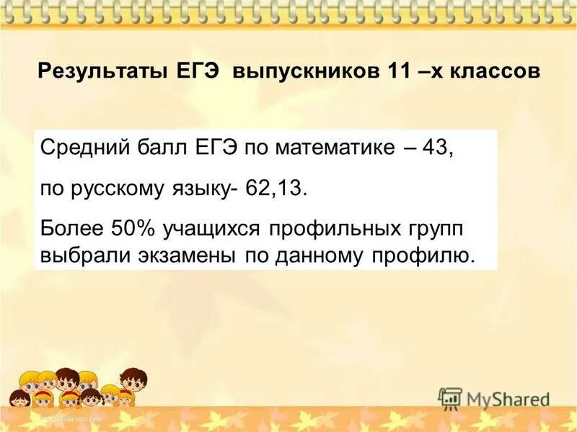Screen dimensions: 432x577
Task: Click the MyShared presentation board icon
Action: coord(450,398)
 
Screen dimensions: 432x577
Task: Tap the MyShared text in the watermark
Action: coord(508,399)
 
